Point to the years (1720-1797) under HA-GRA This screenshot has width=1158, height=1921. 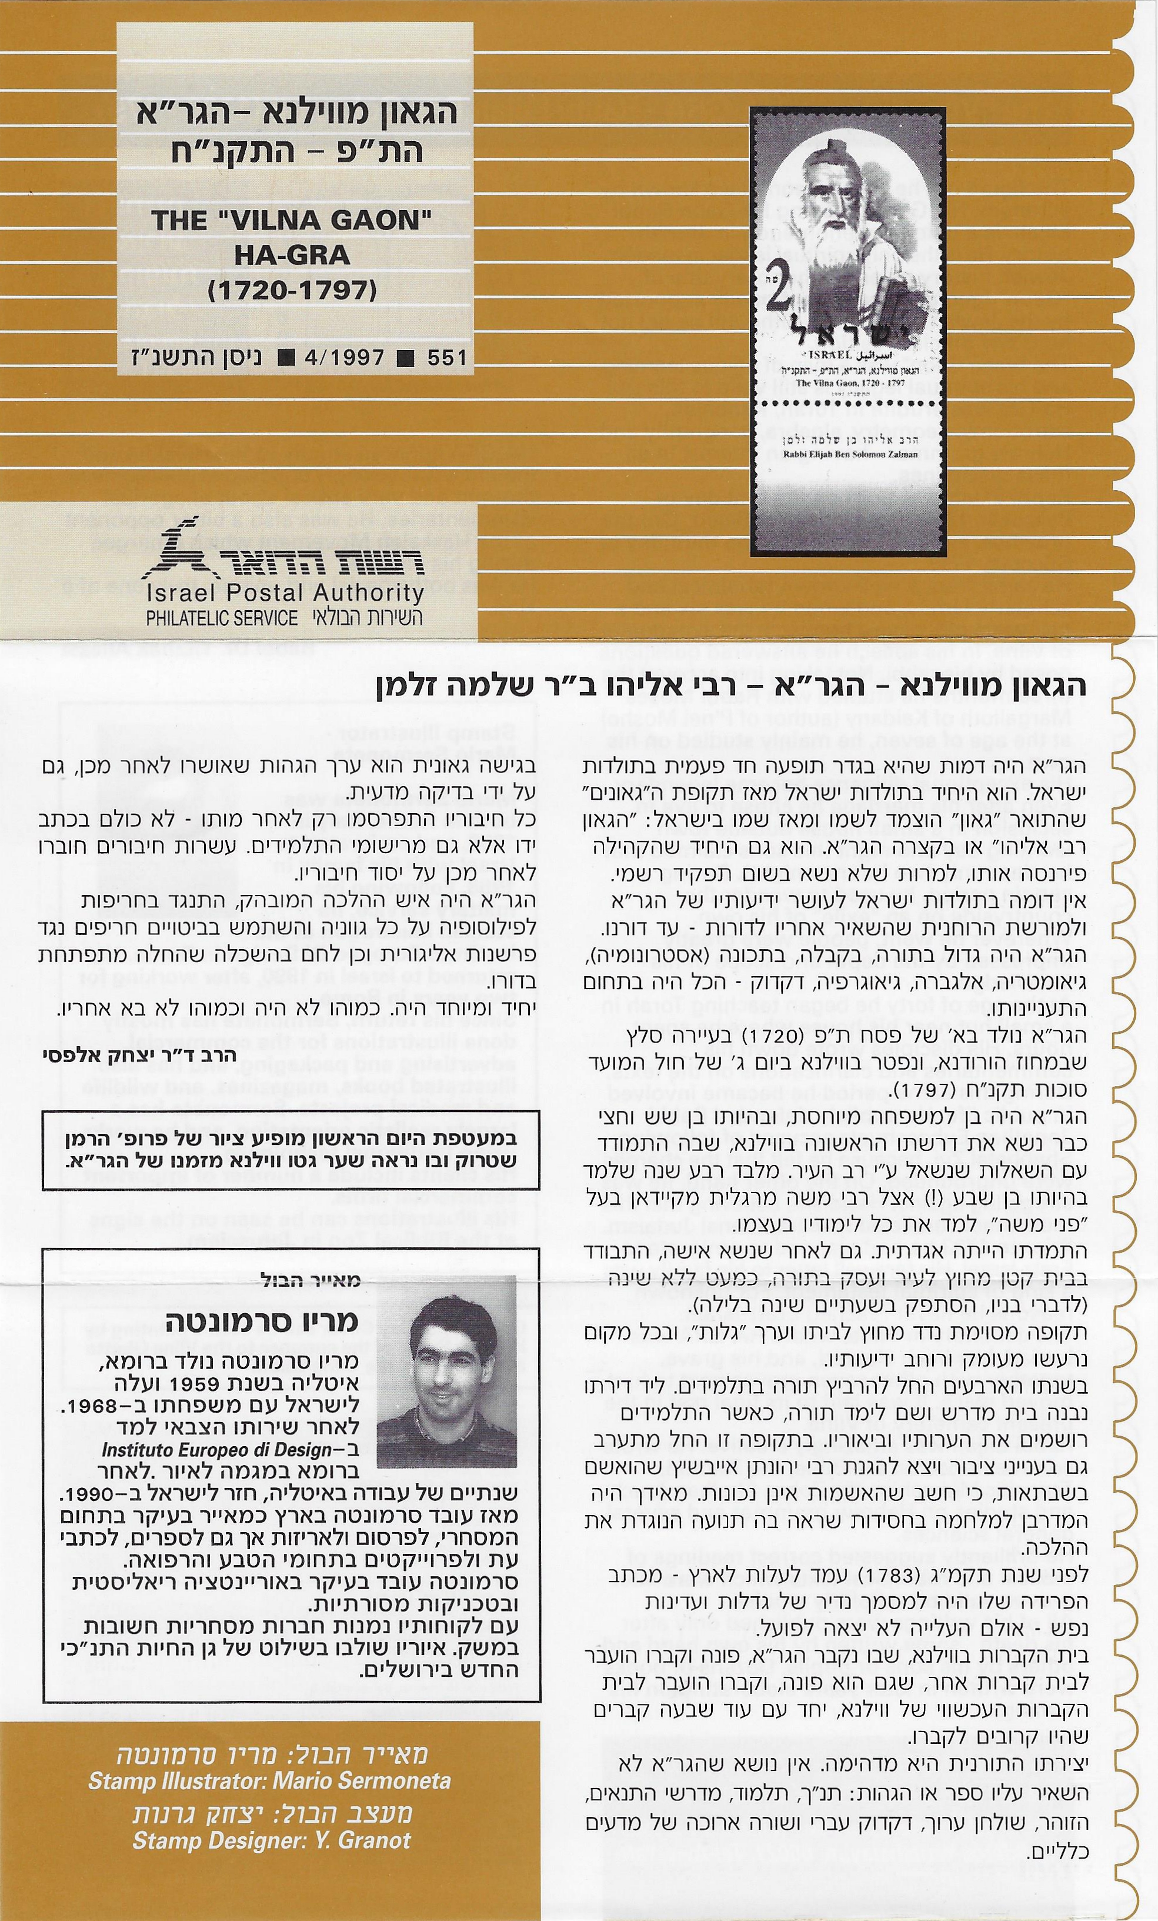click(x=292, y=290)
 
